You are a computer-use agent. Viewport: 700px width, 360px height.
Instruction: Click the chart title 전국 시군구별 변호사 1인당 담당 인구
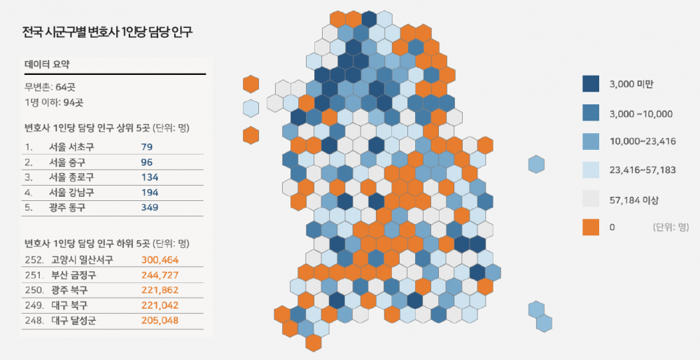click(x=106, y=32)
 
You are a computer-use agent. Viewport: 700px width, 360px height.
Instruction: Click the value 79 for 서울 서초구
click(x=146, y=147)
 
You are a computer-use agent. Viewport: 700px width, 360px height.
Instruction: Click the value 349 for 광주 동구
click(x=150, y=207)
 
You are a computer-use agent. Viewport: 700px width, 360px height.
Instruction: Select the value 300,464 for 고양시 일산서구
click(x=161, y=260)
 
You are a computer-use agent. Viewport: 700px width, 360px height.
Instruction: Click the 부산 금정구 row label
click(x=73, y=275)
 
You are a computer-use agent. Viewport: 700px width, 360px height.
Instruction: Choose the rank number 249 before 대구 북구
click(x=32, y=305)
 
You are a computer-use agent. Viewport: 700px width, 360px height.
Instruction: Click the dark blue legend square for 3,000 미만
click(x=591, y=84)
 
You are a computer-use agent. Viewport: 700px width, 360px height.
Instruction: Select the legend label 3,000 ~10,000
click(x=641, y=113)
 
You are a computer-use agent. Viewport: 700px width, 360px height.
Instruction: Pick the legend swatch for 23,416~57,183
click(x=591, y=170)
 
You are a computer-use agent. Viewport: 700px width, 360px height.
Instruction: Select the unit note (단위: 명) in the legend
click(x=670, y=228)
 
